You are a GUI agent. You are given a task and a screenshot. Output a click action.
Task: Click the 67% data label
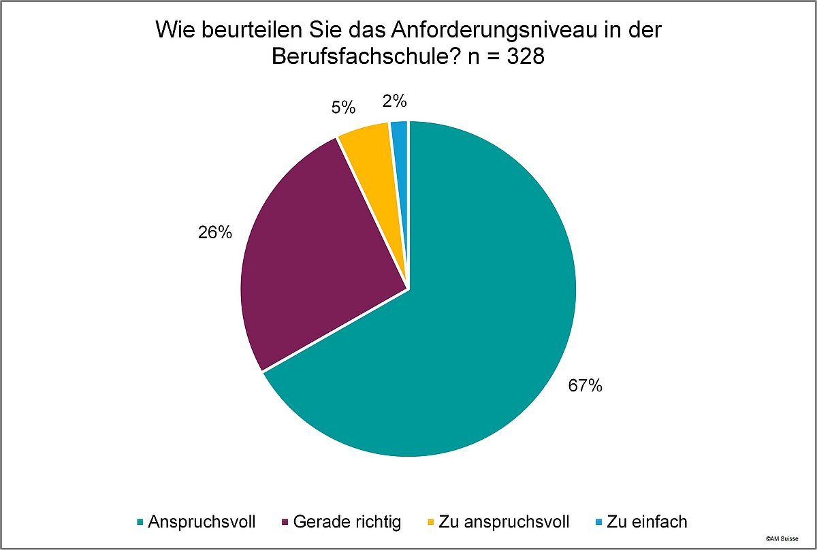tap(586, 386)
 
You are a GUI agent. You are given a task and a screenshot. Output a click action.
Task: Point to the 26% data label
tap(214, 233)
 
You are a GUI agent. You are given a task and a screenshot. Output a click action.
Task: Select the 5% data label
tap(345, 108)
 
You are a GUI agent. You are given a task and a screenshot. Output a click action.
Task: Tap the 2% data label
tap(395, 101)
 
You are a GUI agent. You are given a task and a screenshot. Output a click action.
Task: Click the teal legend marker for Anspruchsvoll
tap(140, 523)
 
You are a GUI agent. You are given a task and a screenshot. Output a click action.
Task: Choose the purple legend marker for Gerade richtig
tap(283, 523)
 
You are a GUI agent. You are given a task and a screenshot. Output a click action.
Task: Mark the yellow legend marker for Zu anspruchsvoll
tap(430, 523)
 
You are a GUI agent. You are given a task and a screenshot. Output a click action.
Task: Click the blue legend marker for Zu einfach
tap(598, 523)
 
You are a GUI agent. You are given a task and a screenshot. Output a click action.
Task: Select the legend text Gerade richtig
tap(347, 522)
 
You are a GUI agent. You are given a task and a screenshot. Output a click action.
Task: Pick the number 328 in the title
tap(525, 57)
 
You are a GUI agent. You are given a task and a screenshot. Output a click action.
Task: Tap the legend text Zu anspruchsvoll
tap(504, 522)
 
